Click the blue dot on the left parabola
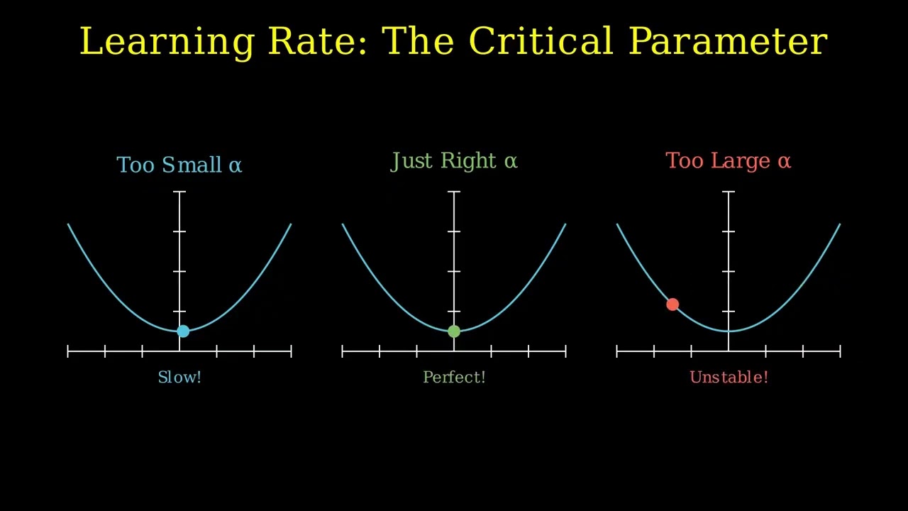coord(183,331)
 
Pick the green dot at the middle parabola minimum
coord(454,331)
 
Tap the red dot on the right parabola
coord(672,304)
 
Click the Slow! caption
coord(179,377)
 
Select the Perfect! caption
coord(454,377)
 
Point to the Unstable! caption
coord(729,377)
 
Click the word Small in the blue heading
coord(192,165)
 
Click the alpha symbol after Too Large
coord(784,162)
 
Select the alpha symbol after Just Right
coord(511,162)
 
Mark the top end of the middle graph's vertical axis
coord(454,192)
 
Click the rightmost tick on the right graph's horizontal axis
coord(840,351)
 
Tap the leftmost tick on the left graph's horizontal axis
coord(68,351)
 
